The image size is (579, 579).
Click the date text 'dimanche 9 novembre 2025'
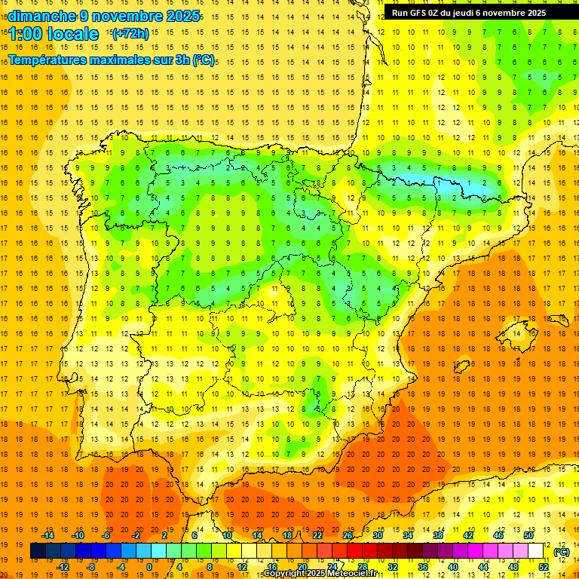coord(103,16)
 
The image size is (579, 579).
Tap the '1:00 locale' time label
coord(54,34)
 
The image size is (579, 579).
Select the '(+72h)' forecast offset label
coord(130,34)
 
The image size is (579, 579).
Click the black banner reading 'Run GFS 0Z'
coord(468,13)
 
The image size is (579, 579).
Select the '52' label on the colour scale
coord(544,567)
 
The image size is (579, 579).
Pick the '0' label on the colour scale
coord(149,567)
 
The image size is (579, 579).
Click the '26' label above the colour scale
coord(348,535)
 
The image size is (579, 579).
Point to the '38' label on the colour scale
coord(437,535)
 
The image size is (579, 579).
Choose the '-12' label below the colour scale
coord(63,567)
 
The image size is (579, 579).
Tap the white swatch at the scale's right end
coord(536,551)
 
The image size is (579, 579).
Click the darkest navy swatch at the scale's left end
coord(38,551)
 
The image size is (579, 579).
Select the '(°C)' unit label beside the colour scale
coord(562,552)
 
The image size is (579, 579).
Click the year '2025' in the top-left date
coord(183,16)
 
